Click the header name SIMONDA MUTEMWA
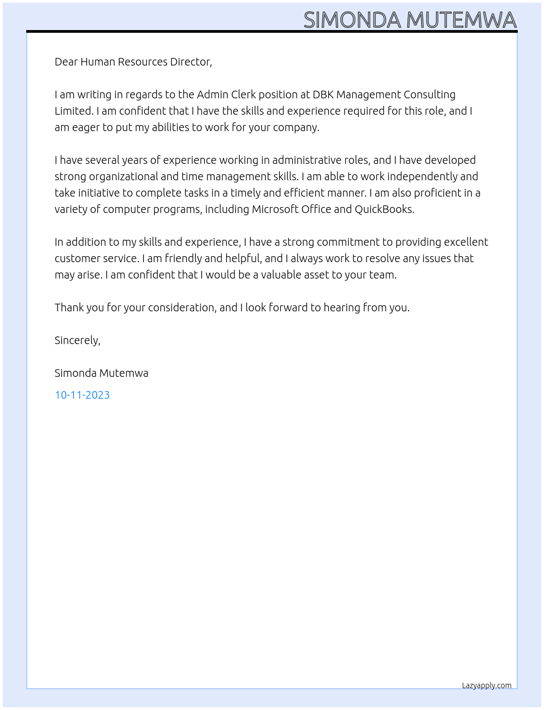[x=410, y=20]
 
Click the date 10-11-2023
[x=82, y=395]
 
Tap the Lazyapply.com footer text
[x=487, y=685]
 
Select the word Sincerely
[x=76, y=340]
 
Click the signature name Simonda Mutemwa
[x=102, y=373]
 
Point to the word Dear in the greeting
[x=66, y=62]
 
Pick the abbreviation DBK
[x=323, y=94]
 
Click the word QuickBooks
[x=384, y=209]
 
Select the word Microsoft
[x=276, y=209]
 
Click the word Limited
[x=74, y=111]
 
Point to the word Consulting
[x=429, y=94]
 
